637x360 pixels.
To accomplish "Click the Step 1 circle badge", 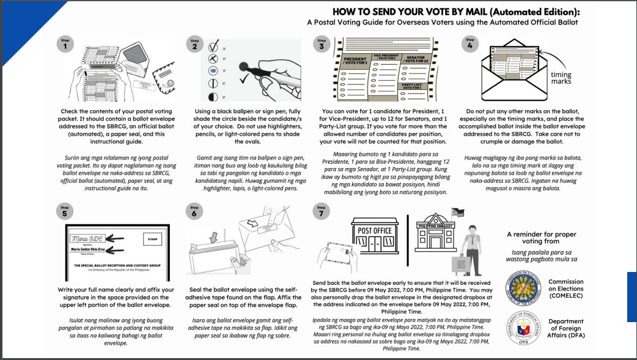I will (65, 43).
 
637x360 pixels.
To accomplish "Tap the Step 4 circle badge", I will (469, 43).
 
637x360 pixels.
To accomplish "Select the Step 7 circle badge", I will (322, 210).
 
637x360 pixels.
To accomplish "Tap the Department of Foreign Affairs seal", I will (525, 325).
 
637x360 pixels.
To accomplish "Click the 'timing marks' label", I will (561, 78).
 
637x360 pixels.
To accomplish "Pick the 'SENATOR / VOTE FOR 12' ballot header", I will (418, 59).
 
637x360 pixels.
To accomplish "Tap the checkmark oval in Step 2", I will (214, 46).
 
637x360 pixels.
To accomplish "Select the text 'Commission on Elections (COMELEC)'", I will (565, 288).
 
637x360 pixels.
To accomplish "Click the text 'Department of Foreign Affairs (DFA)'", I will (565, 328).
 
